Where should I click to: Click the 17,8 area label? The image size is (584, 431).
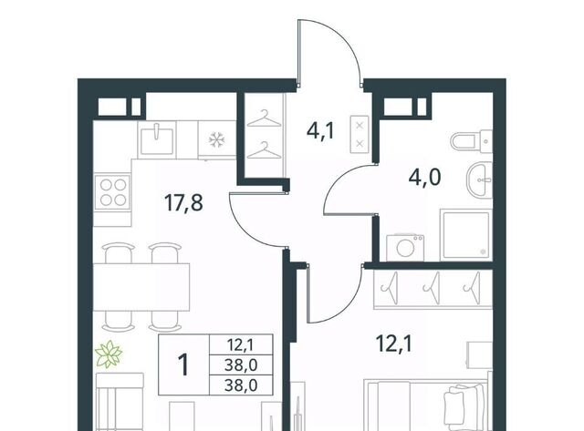tap(183, 203)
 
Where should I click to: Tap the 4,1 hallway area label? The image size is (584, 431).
tap(321, 131)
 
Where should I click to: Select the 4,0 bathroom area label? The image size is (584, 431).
tap(424, 177)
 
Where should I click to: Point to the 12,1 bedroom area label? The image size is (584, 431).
tap(394, 344)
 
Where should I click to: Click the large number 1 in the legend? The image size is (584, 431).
tap(183, 364)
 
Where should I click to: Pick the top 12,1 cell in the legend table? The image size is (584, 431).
tap(241, 344)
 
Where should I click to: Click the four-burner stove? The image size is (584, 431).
tap(113, 192)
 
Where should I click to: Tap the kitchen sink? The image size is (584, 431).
tap(157, 139)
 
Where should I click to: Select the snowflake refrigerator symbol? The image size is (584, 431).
tap(215, 140)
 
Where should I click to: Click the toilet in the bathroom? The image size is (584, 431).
tap(471, 141)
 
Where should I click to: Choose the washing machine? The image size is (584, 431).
tap(405, 248)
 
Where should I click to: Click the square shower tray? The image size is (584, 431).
tap(465, 235)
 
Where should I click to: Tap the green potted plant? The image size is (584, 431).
tap(109, 354)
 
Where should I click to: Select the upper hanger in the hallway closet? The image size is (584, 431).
tap(264, 118)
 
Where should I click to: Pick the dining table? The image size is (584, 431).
tap(141, 287)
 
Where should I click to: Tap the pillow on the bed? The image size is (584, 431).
tap(465, 406)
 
